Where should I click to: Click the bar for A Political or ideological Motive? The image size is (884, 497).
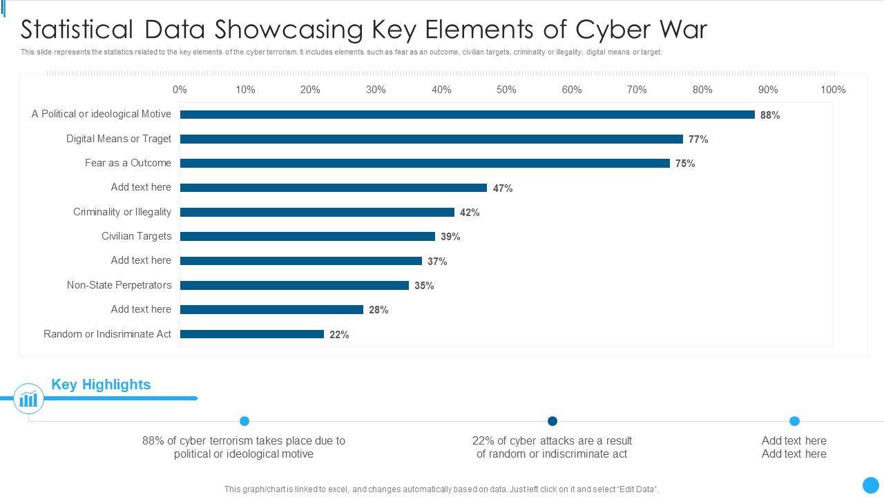467,115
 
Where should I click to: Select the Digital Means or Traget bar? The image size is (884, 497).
431,139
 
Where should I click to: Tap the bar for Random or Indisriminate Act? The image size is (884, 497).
251,334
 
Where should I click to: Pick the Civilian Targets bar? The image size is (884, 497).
307,237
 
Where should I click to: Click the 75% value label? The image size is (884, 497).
685,164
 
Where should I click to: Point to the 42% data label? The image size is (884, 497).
470,213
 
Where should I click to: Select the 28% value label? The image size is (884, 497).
378,310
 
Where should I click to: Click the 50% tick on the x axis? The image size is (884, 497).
506,90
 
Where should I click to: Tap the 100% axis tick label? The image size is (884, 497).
833,90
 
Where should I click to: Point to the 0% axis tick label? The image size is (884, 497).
180,90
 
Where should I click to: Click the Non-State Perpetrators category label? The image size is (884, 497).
119,285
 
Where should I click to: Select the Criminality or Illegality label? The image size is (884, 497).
122,212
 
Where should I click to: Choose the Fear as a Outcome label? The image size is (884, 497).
128,163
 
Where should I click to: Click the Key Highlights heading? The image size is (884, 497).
101,384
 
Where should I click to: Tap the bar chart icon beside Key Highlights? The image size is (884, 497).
28,399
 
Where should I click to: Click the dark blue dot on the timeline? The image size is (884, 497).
552,421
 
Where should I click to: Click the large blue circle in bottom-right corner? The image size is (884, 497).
871,485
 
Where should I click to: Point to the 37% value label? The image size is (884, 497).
437,262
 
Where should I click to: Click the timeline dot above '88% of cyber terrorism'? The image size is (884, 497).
244,421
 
